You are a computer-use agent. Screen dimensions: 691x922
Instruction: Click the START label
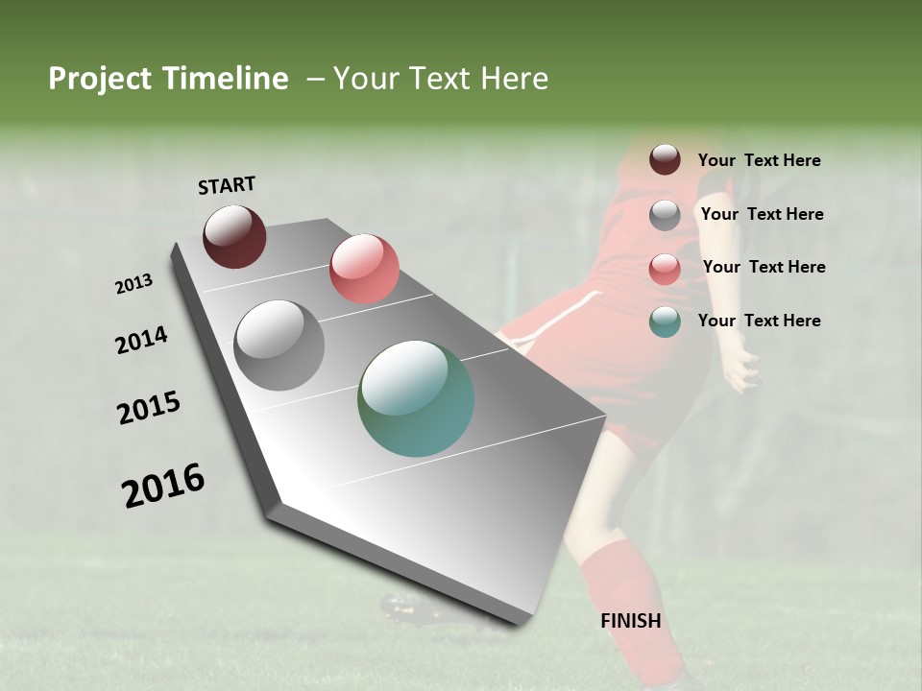[x=227, y=185]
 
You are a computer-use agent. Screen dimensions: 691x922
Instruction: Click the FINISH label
[x=631, y=621]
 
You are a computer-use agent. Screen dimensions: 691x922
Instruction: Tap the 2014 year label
[x=141, y=340]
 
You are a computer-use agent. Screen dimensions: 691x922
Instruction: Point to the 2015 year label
[x=149, y=408]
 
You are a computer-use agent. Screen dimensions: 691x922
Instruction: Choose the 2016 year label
[x=163, y=486]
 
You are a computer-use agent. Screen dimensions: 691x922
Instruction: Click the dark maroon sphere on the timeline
[x=234, y=236]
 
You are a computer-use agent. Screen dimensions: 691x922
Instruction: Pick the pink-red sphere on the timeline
[x=364, y=269]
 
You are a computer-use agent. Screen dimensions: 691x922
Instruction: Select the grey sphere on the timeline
[x=279, y=345]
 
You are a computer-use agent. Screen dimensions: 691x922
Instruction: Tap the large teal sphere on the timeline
[x=416, y=398]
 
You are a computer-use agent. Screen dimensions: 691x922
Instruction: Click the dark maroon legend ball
[x=665, y=160]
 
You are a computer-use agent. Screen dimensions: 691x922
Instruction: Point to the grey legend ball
[x=665, y=215]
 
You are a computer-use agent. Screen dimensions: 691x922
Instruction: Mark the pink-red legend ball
[x=665, y=268]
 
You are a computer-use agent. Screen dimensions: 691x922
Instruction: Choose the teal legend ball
[x=665, y=322]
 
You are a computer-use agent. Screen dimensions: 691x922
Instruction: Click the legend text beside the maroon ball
[x=759, y=160]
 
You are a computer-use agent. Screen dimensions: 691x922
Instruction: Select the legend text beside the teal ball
[x=759, y=321]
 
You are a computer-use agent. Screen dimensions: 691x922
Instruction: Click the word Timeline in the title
[x=226, y=79]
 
